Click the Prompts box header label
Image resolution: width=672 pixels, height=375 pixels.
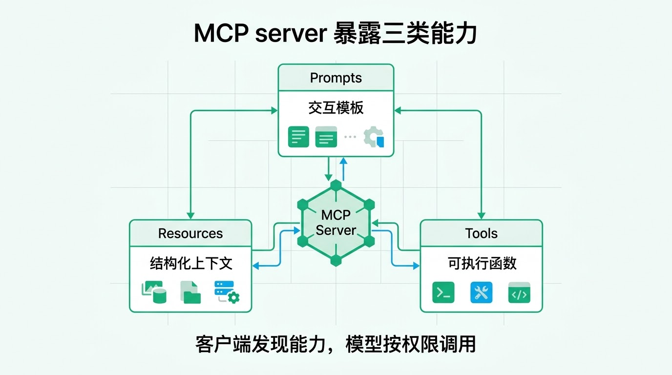click(336, 78)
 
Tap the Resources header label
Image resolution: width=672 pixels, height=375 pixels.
click(190, 233)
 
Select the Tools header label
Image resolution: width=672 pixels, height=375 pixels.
click(481, 233)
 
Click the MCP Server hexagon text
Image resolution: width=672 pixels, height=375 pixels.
click(336, 223)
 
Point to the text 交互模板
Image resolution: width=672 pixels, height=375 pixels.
click(336, 108)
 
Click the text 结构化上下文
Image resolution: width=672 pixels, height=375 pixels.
click(191, 263)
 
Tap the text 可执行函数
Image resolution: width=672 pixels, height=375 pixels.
click(482, 263)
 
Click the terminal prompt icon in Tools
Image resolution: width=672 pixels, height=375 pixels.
click(443, 292)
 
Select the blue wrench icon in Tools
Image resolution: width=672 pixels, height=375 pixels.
click(481, 292)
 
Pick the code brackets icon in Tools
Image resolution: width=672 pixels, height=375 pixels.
click(519, 292)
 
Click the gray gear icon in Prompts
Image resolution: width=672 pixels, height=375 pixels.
click(374, 137)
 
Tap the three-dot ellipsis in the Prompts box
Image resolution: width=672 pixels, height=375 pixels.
click(350, 137)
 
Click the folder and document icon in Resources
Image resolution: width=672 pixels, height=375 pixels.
click(190, 292)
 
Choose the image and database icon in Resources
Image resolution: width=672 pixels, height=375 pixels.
click(154, 292)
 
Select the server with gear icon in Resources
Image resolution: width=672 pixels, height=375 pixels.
click(227, 292)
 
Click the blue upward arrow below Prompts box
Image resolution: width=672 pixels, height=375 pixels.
click(343, 169)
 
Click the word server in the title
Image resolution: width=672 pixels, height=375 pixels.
click(291, 33)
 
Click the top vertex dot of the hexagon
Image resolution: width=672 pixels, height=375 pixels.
click(336, 185)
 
